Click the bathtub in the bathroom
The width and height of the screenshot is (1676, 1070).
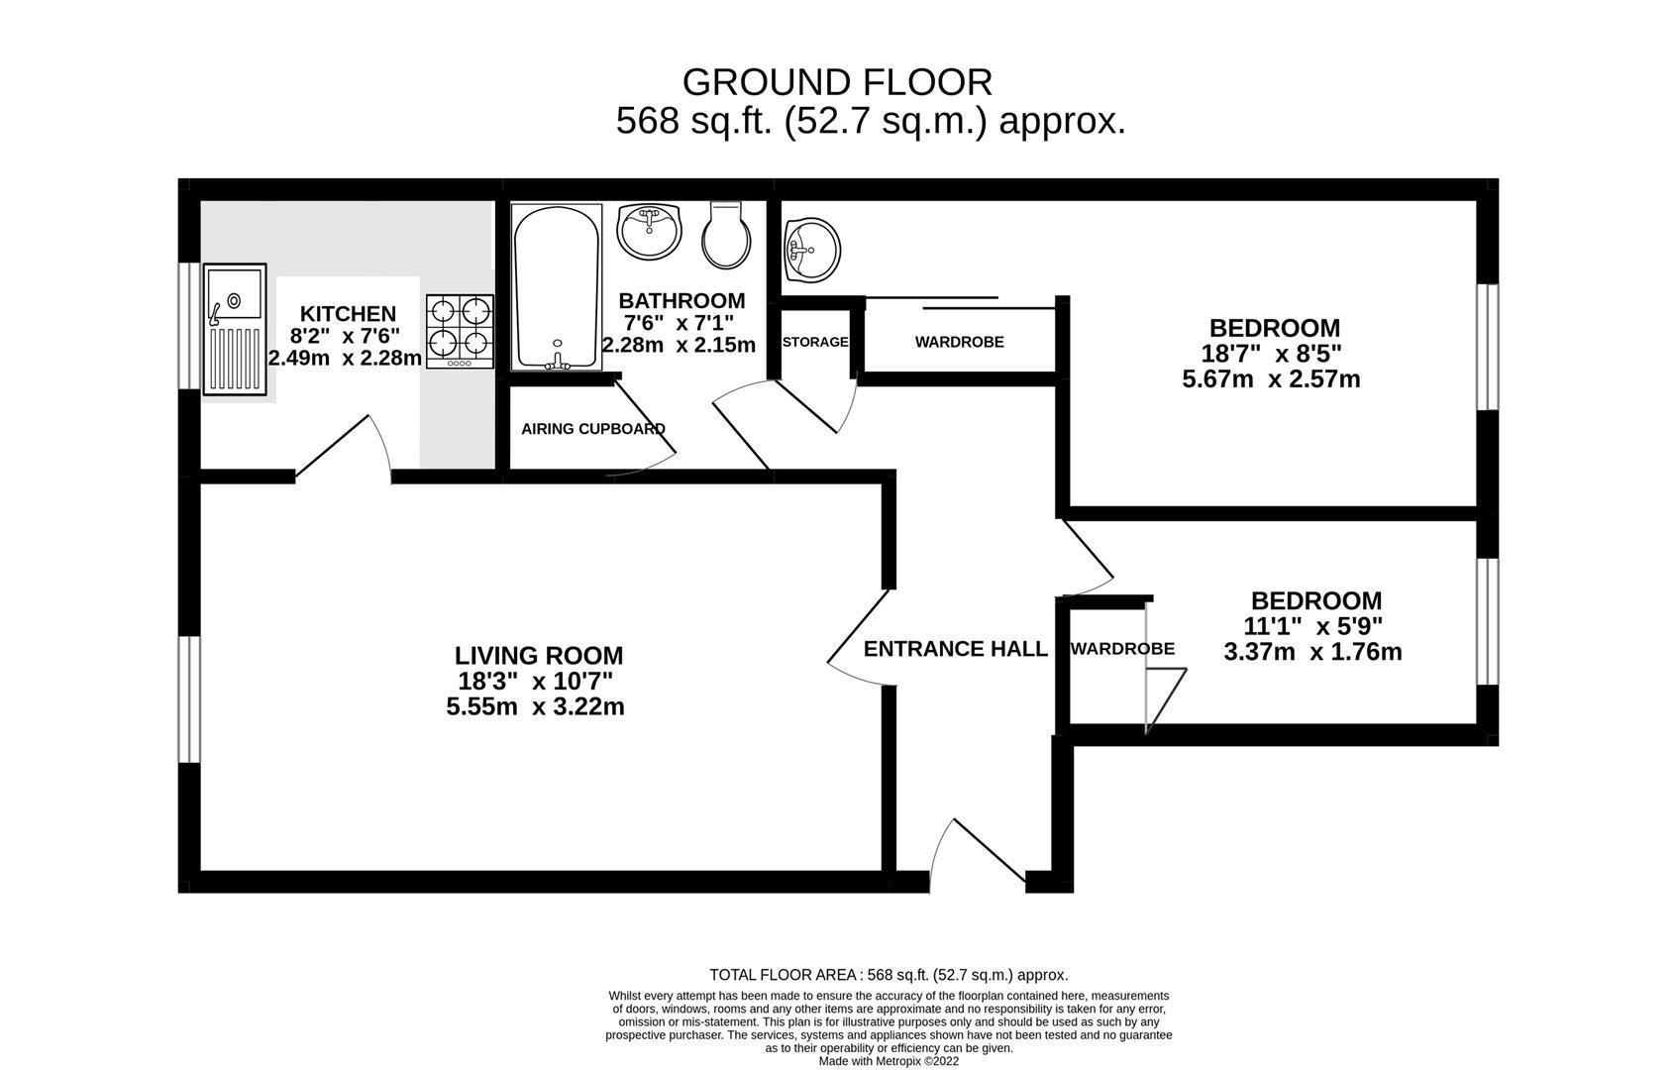tap(556, 287)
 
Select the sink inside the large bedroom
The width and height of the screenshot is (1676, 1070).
tap(811, 249)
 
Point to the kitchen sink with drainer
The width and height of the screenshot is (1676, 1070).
tap(235, 329)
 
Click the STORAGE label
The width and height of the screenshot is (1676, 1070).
tap(815, 342)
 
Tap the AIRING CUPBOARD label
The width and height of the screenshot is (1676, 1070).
tap(593, 429)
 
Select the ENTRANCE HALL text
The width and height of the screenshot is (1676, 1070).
tap(955, 649)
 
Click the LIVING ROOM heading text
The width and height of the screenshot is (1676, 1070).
tap(539, 655)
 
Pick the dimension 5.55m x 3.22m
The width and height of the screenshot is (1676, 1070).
tap(535, 706)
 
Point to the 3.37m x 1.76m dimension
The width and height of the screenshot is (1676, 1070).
tap(1312, 652)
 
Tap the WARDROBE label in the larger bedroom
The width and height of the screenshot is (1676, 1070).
tap(959, 342)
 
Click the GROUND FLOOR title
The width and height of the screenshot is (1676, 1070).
tap(837, 81)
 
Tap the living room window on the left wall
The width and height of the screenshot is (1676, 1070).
tap(189, 699)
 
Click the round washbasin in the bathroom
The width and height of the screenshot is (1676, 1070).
tap(649, 231)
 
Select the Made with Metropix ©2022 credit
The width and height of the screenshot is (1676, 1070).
tap(889, 1061)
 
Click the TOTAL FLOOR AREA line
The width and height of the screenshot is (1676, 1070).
tap(889, 975)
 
